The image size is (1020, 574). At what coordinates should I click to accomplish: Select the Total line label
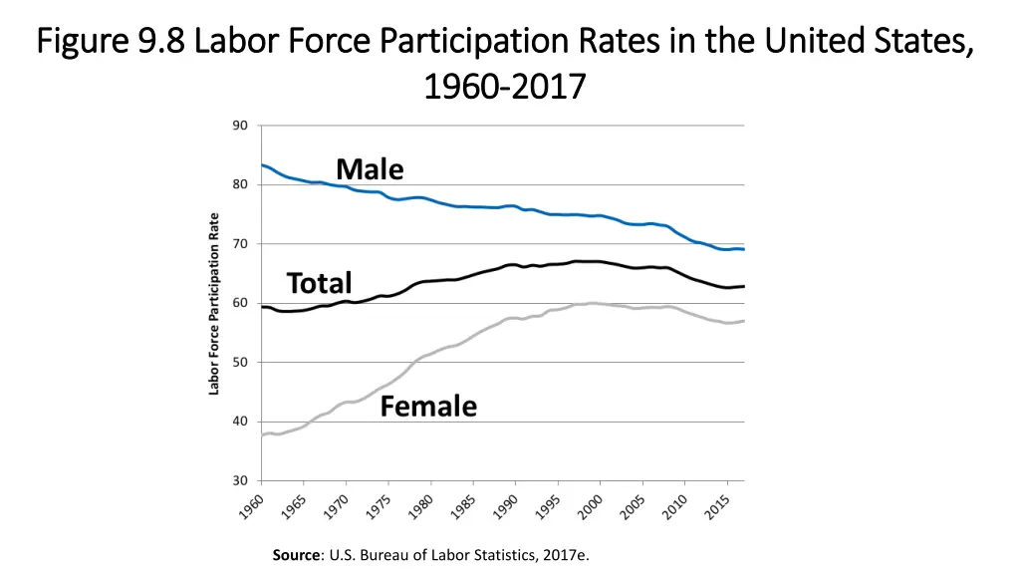coord(319,283)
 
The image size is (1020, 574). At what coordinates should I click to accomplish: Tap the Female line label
coord(428,407)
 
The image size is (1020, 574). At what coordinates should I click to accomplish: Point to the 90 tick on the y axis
coord(240,126)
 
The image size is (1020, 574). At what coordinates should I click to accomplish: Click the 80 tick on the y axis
coord(240,184)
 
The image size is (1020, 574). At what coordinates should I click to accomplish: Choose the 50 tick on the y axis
coord(240,363)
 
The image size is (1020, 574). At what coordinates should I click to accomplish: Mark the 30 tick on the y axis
coord(240,481)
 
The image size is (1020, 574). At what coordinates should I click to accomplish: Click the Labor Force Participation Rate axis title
coord(214,303)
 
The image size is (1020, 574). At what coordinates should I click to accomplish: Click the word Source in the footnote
coord(294,555)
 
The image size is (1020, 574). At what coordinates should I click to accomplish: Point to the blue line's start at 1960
coord(262,165)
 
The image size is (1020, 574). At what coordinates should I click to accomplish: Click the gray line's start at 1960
coord(262,435)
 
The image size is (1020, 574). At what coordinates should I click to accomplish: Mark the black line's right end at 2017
coord(743,286)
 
